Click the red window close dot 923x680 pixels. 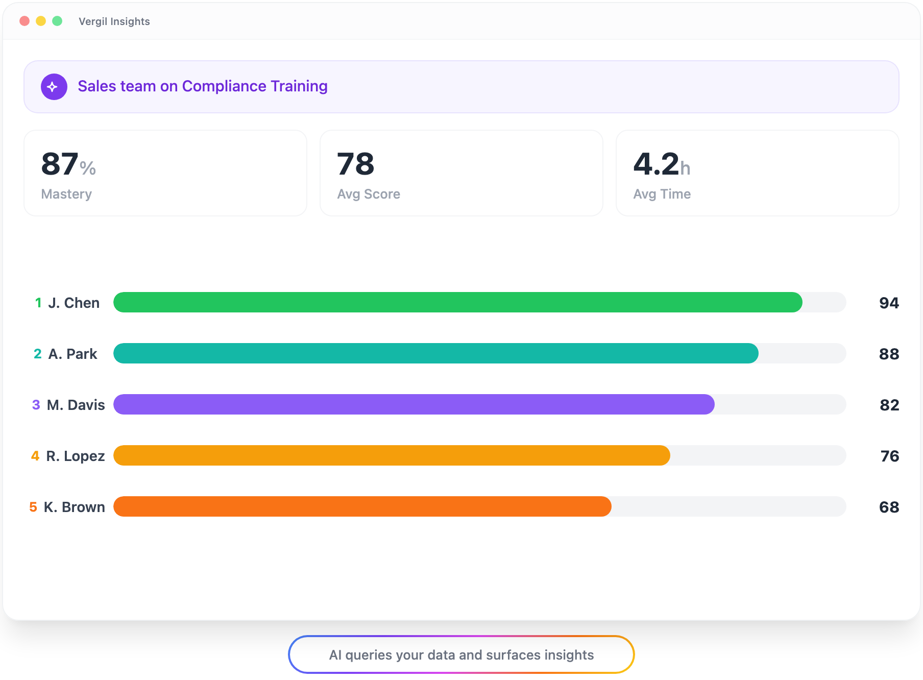click(25, 21)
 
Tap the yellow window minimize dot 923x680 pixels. click(41, 21)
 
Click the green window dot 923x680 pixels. click(57, 21)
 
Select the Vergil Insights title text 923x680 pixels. click(114, 21)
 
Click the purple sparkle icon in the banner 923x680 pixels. click(54, 87)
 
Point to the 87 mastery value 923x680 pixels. click(60, 164)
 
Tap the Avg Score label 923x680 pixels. click(368, 194)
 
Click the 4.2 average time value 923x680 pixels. click(656, 164)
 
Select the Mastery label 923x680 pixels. click(66, 194)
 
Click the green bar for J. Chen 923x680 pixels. click(457, 302)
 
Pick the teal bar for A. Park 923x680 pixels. click(435, 353)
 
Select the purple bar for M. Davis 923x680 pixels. click(414, 404)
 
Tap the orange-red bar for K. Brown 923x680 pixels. click(362, 506)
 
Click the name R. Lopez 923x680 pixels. click(75, 456)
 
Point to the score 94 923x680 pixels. click(889, 303)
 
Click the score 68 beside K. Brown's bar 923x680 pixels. click(889, 507)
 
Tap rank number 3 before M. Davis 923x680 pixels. click(36, 405)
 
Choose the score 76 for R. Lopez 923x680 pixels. click(889, 456)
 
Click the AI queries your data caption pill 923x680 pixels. click(461, 654)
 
